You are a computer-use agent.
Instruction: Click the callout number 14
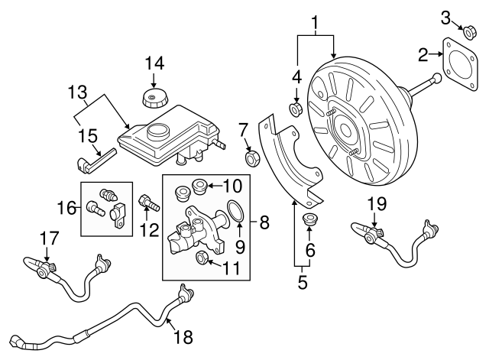154,62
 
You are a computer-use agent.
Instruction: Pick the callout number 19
377,204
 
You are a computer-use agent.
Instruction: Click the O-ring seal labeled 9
236,210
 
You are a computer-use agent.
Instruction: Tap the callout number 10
232,185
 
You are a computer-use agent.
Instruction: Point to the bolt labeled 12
147,203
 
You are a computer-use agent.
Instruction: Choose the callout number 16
66,207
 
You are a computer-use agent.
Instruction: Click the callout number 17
47,240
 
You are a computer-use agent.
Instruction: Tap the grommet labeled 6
310,221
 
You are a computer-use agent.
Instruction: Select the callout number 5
301,284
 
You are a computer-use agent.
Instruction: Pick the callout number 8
264,223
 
